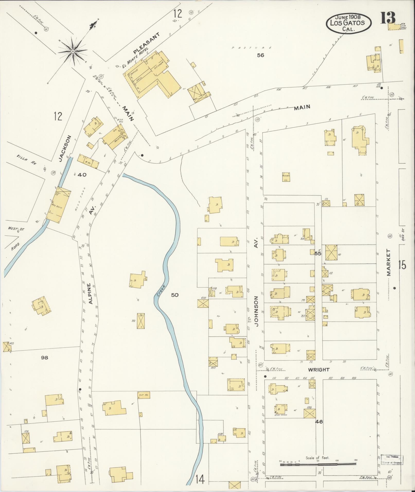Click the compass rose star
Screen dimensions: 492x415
pos(73,51)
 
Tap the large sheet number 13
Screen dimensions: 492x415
pos(388,18)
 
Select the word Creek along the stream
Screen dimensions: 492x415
pos(161,291)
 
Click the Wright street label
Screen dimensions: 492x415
pos(319,370)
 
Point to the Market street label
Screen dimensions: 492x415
pos(388,263)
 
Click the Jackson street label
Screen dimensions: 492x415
pos(65,148)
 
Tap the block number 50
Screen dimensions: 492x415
pos(175,295)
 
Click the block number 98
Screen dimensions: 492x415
pos(45,357)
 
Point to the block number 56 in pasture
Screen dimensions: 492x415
pos(261,55)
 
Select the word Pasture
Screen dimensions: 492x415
pos(251,48)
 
